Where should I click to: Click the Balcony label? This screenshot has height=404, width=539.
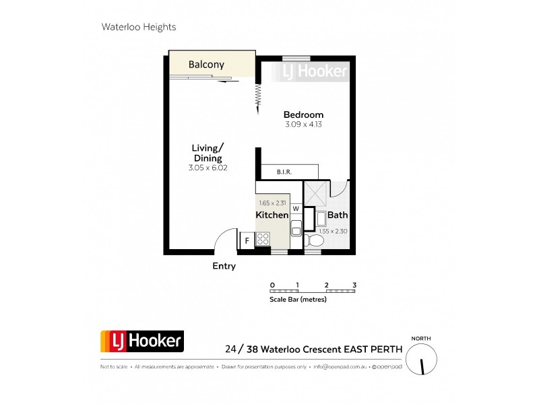point(206,65)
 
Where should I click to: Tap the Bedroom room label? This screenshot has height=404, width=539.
point(303,114)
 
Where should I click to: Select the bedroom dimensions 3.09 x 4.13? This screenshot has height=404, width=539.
point(303,124)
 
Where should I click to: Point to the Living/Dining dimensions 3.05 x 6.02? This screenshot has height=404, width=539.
point(208,168)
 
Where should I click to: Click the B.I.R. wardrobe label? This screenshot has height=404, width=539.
point(284,173)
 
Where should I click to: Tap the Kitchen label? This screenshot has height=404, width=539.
point(272,215)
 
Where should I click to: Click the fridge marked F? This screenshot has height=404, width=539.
point(247,240)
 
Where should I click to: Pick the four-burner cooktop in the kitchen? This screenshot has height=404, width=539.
point(263,238)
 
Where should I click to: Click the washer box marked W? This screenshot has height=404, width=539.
point(295,209)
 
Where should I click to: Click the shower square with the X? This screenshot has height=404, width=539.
point(315,193)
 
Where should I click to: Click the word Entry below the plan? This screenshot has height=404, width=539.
point(224,266)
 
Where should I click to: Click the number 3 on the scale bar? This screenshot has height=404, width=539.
point(354,285)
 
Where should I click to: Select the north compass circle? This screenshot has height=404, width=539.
point(422,358)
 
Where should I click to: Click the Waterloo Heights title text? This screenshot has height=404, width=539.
point(138,28)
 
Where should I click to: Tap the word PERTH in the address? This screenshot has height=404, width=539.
point(386,349)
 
